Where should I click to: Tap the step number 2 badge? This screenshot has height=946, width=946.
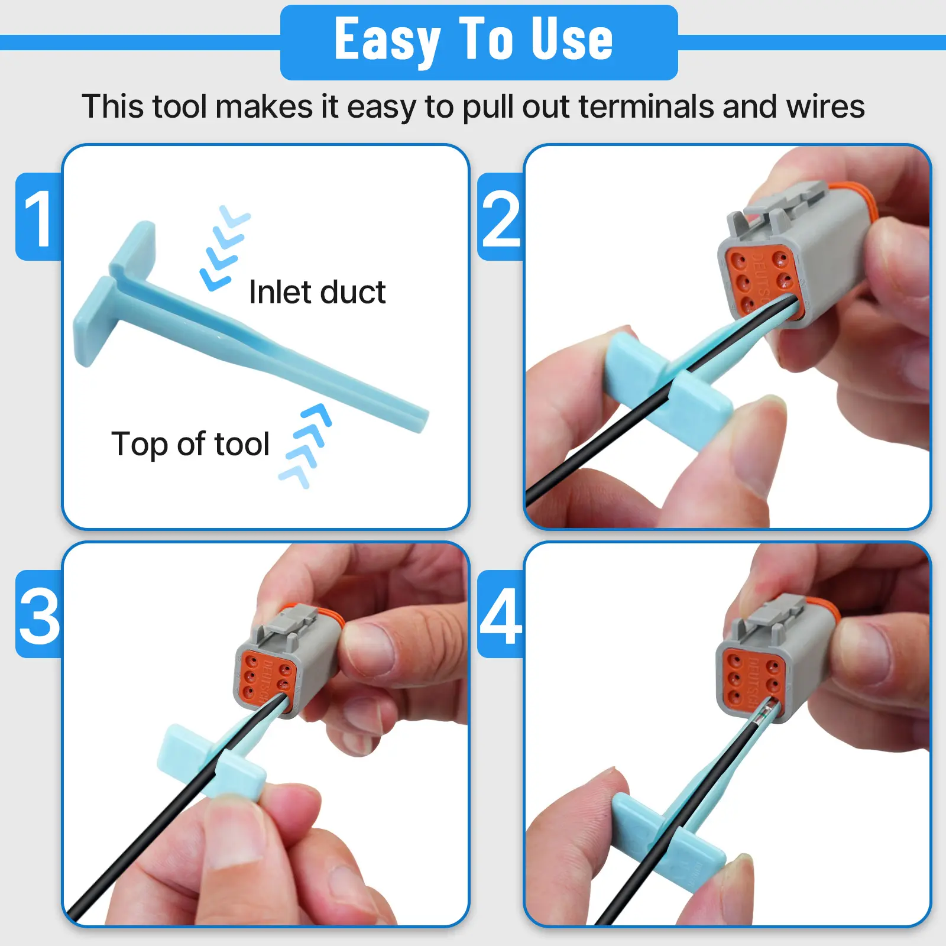coord(501,217)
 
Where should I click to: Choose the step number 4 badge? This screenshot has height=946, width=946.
coord(501,614)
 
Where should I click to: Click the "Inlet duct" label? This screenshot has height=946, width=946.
coord(318,292)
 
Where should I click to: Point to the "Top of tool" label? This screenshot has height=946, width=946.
coord(190,444)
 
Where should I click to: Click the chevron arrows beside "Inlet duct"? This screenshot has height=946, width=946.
coord(225,248)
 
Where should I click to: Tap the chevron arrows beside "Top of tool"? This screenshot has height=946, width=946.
coord(305,446)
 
